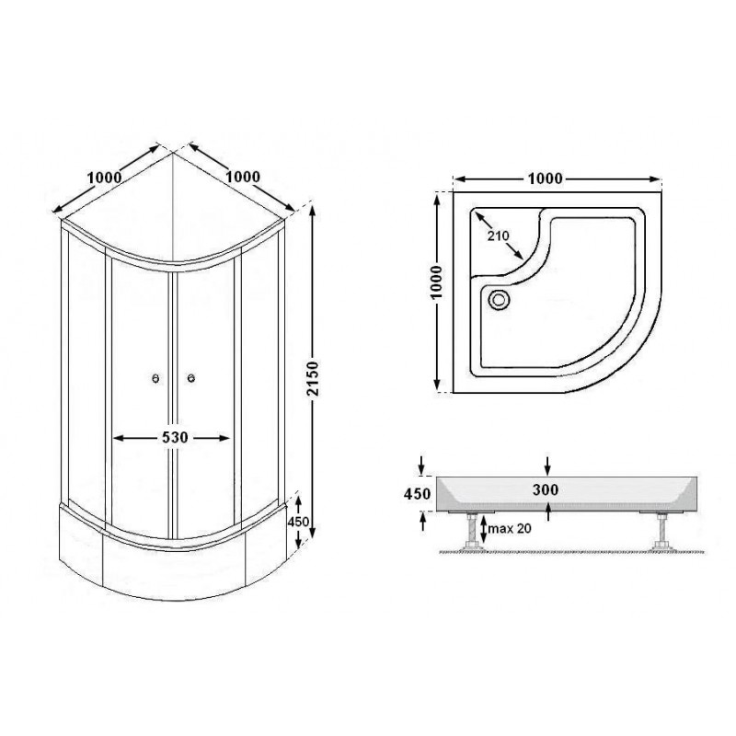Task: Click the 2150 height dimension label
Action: click(313, 378)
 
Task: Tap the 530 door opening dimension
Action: click(175, 438)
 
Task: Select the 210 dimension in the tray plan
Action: click(498, 236)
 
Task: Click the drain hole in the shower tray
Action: click(498, 299)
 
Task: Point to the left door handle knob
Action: click(155, 378)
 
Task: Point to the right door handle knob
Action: click(191, 378)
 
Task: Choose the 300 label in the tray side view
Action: click(546, 489)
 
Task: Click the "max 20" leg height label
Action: click(510, 528)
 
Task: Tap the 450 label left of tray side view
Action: click(417, 494)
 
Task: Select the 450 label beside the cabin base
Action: click(298, 522)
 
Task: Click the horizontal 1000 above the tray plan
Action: click(545, 178)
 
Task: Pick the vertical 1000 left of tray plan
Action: click(436, 282)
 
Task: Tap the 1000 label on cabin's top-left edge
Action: click(104, 178)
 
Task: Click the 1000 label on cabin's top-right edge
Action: click(242, 177)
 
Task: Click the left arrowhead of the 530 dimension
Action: click(119, 438)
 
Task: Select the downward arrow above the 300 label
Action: click(547, 466)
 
